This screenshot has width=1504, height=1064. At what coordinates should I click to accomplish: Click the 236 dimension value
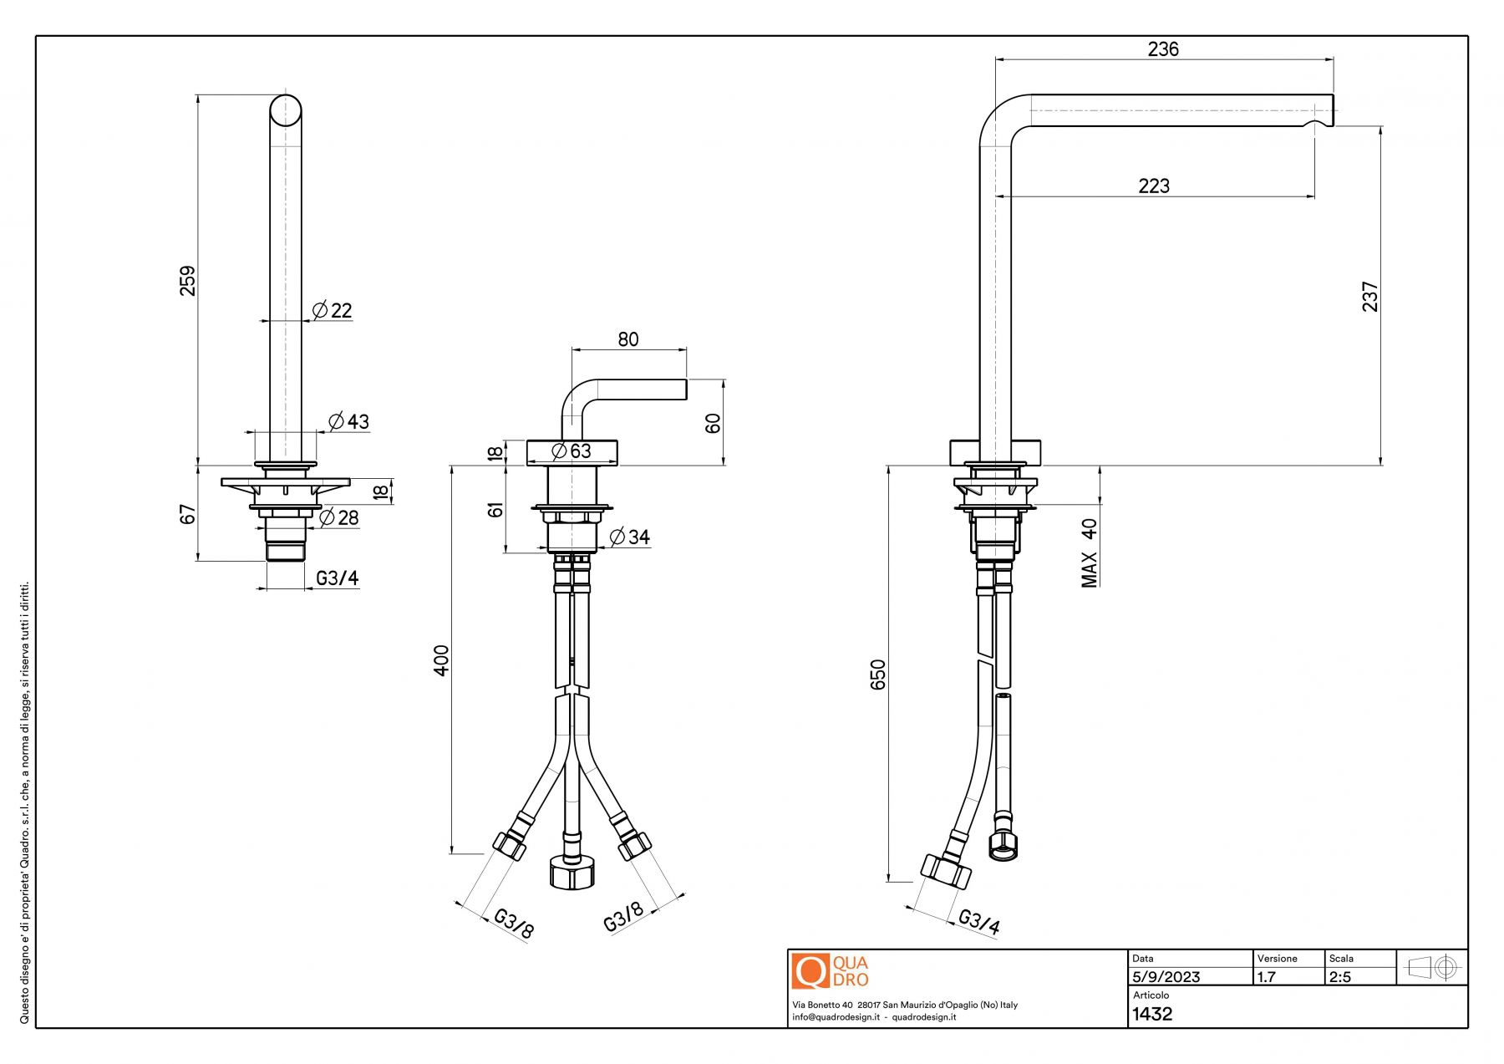click(x=1162, y=49)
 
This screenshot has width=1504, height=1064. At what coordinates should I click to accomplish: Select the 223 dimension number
click(x=1154, y=186)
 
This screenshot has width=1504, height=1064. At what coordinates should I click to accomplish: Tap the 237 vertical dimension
click(x=1370, y=297)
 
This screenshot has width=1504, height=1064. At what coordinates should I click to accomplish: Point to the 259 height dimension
click(x=188, y=280)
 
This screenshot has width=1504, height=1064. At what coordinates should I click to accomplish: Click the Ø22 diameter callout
click(x=333, y=311)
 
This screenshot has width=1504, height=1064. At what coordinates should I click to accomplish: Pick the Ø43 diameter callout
click(x=348, y=421)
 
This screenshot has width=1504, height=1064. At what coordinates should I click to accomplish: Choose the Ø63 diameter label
click(x=572, y=451)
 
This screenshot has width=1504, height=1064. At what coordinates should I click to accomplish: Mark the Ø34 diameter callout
click(x=629, y=537)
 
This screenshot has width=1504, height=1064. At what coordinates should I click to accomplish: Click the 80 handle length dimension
click(x=628, y=339)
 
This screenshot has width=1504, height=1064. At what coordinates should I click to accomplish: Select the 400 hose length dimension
click(x=441, y=659)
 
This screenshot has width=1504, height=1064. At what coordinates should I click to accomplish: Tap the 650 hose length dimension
click(x=878, y=675)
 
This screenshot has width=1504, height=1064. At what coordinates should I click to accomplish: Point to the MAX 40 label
click(x=1090, y=553)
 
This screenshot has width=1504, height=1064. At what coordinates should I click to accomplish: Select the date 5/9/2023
click(x=1166, y=977)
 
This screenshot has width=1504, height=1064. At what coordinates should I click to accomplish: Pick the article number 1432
click(x=1152, y=1014)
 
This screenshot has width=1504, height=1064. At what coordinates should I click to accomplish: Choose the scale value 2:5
click(x=1339, y=977)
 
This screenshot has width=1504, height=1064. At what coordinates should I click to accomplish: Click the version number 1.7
click(x=1267, y=977)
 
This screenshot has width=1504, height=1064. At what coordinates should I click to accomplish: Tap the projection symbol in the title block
click(x=1433, y=968)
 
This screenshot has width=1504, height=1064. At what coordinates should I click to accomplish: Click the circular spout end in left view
click(x=286, y=110)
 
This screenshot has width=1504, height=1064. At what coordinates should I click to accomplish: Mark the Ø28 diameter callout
click(x=338, y=517)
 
